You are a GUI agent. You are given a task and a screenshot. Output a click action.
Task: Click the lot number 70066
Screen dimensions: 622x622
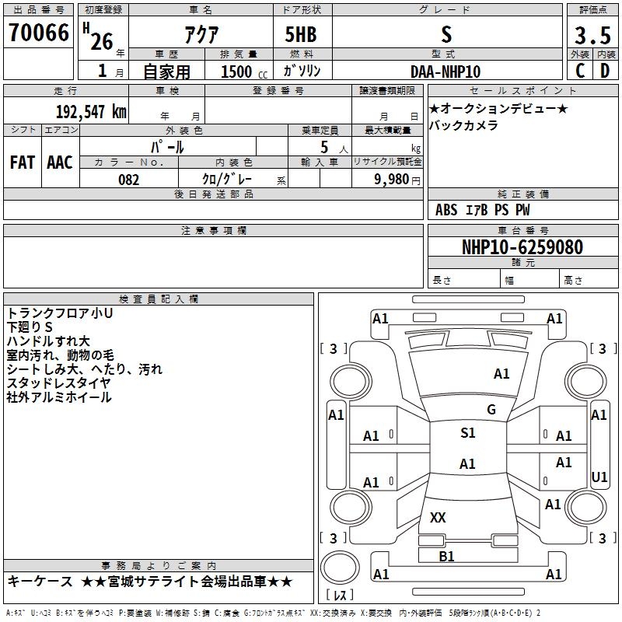39,33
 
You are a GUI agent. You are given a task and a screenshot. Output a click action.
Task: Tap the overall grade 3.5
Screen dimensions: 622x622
592,35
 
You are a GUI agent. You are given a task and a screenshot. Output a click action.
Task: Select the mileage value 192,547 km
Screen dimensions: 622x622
91,112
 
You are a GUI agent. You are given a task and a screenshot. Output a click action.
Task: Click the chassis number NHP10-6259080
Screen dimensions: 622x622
522,247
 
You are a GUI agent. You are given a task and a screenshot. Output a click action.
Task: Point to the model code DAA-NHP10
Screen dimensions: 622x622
446,72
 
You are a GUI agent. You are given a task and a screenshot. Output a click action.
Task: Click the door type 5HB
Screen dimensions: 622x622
301,34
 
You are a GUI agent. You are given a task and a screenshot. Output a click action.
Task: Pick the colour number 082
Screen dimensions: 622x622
129,180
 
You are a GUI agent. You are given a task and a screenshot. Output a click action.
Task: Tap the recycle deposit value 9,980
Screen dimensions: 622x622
392,180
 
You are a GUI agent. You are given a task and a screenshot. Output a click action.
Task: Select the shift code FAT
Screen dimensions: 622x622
23,162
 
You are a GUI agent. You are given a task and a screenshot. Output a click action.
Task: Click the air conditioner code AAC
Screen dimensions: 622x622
60,162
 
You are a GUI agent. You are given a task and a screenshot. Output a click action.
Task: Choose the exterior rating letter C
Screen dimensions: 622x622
580,71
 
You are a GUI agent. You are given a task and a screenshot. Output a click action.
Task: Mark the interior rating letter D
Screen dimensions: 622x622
605,71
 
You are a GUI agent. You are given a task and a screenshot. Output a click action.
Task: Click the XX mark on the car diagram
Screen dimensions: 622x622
438,517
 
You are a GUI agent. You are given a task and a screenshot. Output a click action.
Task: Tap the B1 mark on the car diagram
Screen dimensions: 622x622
446,557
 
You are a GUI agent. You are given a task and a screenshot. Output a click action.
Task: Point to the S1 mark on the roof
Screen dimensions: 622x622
468,433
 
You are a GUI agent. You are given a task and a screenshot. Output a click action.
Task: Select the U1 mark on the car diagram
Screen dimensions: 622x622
599,477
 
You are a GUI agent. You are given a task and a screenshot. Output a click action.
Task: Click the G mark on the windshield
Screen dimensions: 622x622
491,410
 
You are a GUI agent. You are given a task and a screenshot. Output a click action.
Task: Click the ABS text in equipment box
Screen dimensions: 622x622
446,210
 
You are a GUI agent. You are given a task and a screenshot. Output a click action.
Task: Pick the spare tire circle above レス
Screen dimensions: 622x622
340,568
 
